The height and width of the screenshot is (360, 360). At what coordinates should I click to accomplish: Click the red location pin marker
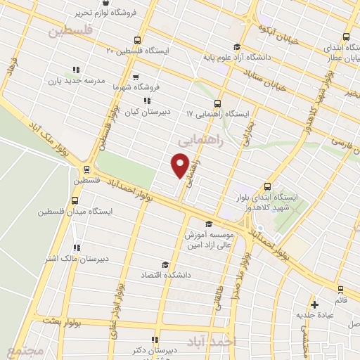[181, 165]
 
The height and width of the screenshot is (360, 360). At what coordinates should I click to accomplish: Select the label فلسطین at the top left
[70, 31]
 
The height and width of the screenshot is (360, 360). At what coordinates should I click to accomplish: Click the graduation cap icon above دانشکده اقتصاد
[165, 264]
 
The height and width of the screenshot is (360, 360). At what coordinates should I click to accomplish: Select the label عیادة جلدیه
[315, 314]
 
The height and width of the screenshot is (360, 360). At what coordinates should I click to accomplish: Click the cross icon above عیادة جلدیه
[315, 305]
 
